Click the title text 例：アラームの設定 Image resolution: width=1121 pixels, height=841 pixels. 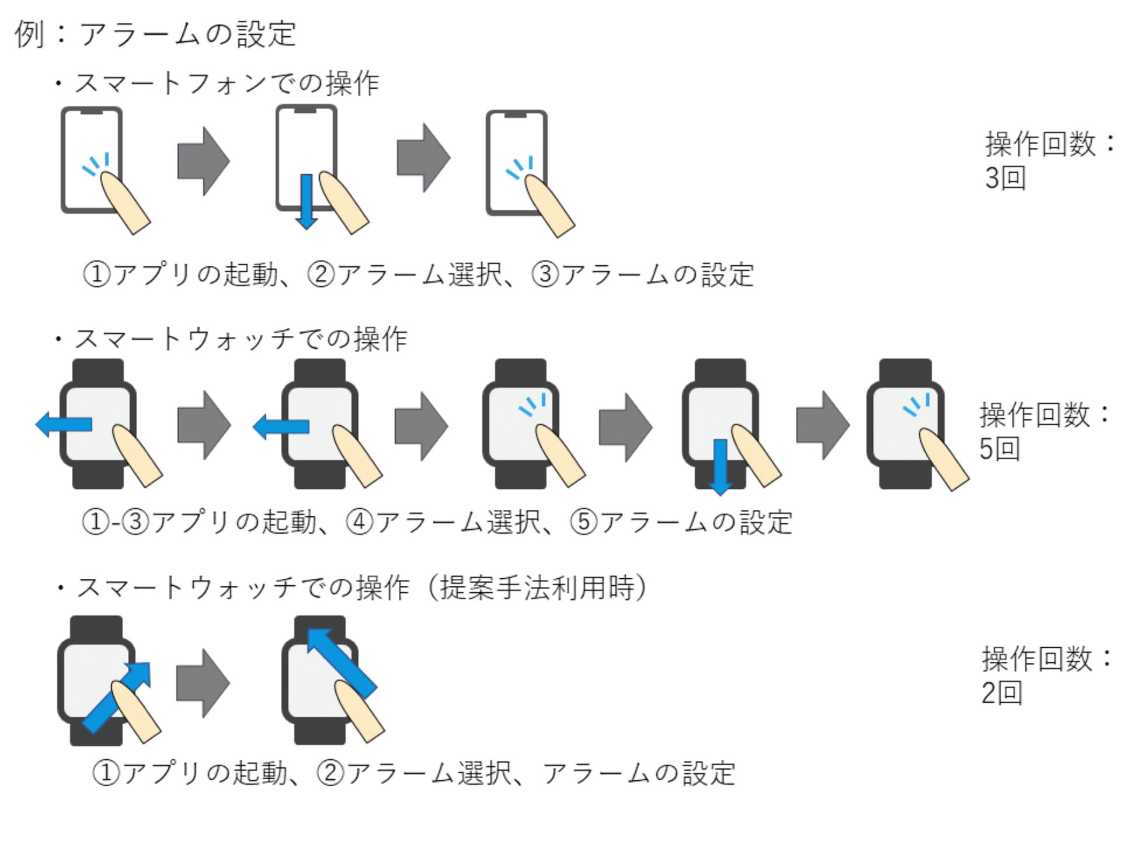155,34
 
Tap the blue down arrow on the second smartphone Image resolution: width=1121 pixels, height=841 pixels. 306,201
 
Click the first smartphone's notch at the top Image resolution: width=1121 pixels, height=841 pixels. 92,111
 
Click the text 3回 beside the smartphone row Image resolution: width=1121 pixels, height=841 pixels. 1005,178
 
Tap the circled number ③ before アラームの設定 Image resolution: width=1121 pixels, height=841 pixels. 545,274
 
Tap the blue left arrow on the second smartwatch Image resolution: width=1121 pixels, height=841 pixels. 281,427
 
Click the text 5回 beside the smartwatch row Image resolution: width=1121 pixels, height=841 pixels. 1000,449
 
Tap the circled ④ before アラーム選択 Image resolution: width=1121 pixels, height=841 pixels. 360,522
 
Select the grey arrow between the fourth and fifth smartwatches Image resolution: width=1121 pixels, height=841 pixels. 823,425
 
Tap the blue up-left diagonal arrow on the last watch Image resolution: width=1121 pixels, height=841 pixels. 342,663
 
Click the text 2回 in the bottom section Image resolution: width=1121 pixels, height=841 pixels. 1002,693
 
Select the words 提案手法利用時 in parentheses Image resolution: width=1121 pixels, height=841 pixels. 537,588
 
